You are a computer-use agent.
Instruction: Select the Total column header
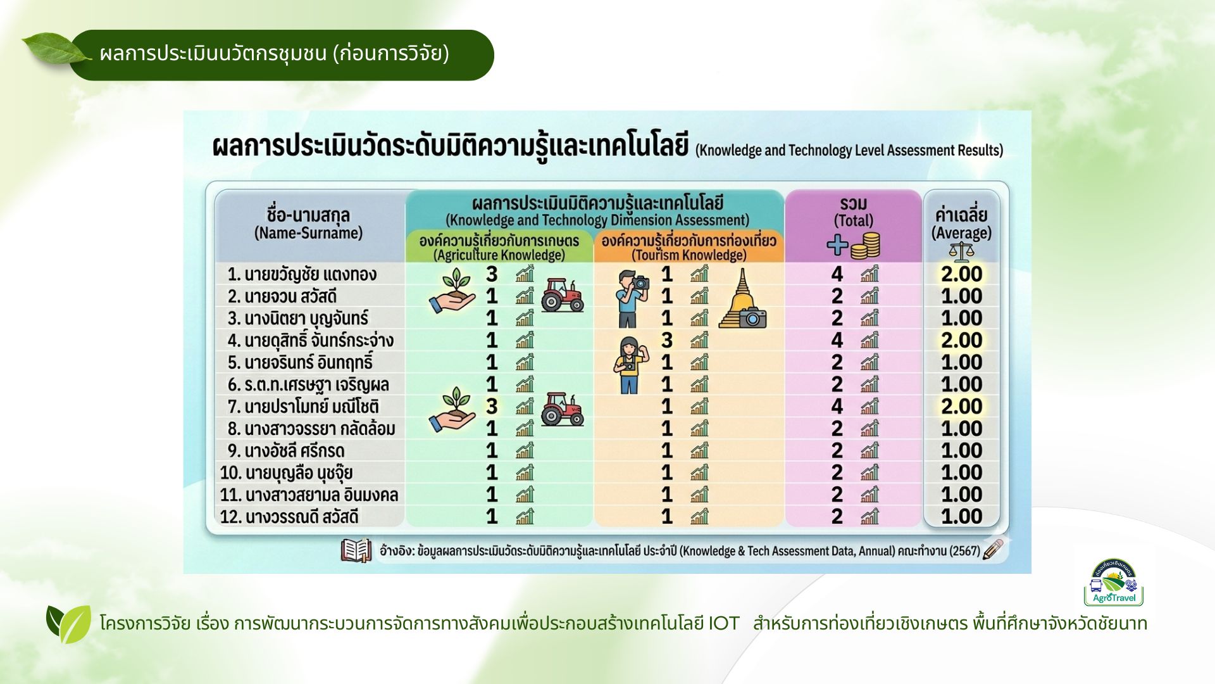point(853,212)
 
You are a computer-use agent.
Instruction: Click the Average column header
point(961,224)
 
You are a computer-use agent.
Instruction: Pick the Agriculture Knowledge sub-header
point(499,248)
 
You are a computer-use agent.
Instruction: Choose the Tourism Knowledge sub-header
point(688,248)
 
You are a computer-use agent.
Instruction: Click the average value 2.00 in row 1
point(961,274)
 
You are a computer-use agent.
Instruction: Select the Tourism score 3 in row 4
point(666,340)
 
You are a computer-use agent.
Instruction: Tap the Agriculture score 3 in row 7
point(492,406)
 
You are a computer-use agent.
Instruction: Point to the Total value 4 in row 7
point(837,406)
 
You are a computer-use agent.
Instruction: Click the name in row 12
point(289,517)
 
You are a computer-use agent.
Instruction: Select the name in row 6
point(308,384)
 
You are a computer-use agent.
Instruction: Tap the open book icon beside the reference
point(356,550)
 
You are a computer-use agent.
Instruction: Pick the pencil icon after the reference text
point(994,549)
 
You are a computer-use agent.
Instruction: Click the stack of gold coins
point(865,246)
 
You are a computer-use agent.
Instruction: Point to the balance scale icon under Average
point(961,252)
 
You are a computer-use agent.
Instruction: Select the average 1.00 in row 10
point(961,472)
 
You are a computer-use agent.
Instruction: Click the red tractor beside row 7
point(562,408)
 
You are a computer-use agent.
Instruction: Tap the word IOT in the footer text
point(723,624)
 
